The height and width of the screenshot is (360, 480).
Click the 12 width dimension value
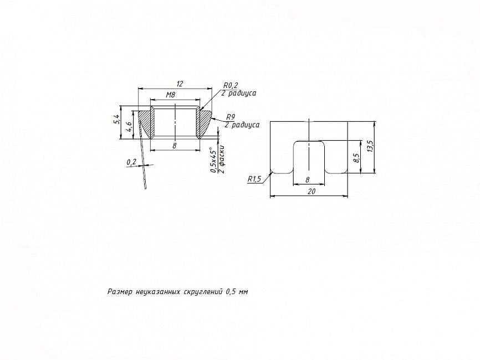coord(180,84)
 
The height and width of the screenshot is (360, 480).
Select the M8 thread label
coord(171,95)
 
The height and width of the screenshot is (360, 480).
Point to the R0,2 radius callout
coord(231,85)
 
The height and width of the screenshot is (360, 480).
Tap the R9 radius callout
coord(231,117)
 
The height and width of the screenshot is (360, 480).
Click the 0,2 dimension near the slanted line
coord(131,162)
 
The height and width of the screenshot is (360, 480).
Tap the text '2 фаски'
coord(222,160)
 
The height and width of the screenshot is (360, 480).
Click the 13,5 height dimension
coord(370,146)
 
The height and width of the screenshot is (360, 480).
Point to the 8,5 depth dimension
coord(356,158)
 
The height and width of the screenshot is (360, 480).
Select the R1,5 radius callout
coord(254,179)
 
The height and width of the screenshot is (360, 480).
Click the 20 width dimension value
coord(312,192)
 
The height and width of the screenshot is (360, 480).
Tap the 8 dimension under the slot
coord(308,180)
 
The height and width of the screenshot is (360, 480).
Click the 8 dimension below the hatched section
coord(175,146)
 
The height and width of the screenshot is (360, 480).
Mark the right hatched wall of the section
coord(202,123)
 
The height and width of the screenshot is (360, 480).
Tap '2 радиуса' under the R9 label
coord(242,125)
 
